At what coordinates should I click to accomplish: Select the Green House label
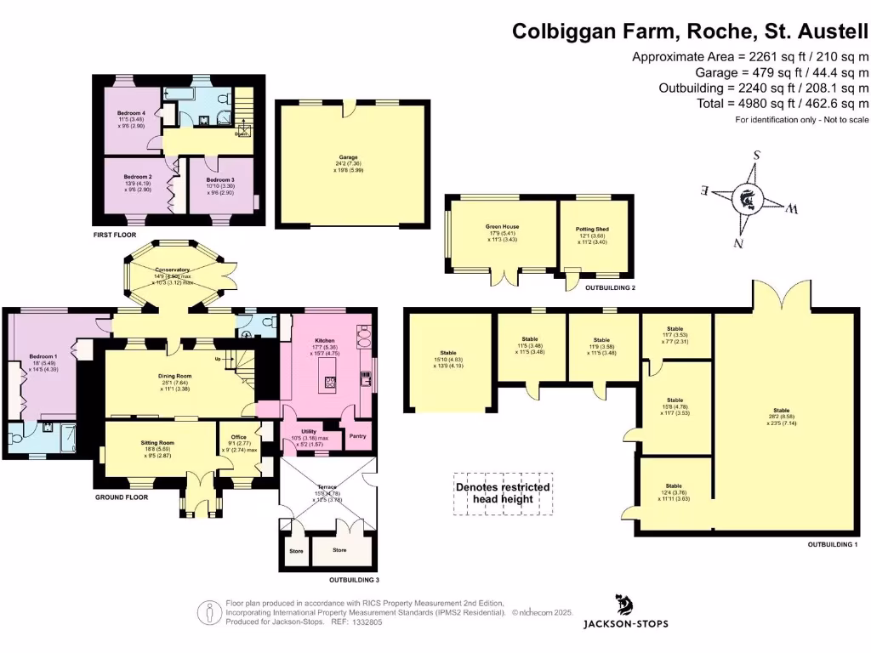pos(502,227)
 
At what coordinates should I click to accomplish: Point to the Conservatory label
pos(172,270)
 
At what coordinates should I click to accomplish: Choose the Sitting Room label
pos(157,443)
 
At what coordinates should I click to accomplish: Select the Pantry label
pos(357,435)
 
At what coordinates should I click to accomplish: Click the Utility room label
pos(309,432)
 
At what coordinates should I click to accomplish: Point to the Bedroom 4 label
pos(131,113)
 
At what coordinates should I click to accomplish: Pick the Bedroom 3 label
pos(219,180)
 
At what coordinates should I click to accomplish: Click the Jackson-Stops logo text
pos(625,623)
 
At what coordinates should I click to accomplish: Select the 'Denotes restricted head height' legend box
pos(503,493)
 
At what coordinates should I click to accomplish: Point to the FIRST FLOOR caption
pos(117,232)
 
